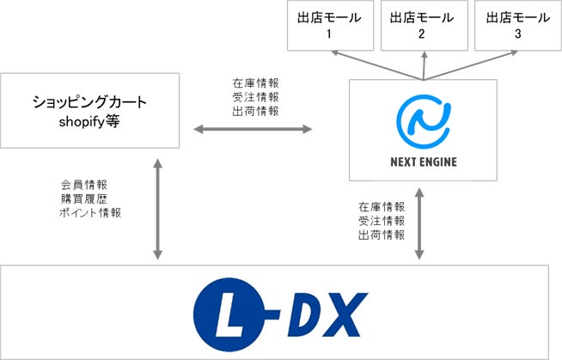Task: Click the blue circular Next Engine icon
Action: [422, 119]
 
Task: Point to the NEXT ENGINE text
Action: [422, 160]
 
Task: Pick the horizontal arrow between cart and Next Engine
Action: [252, 129]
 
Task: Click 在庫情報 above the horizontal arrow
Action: [255, 83]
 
